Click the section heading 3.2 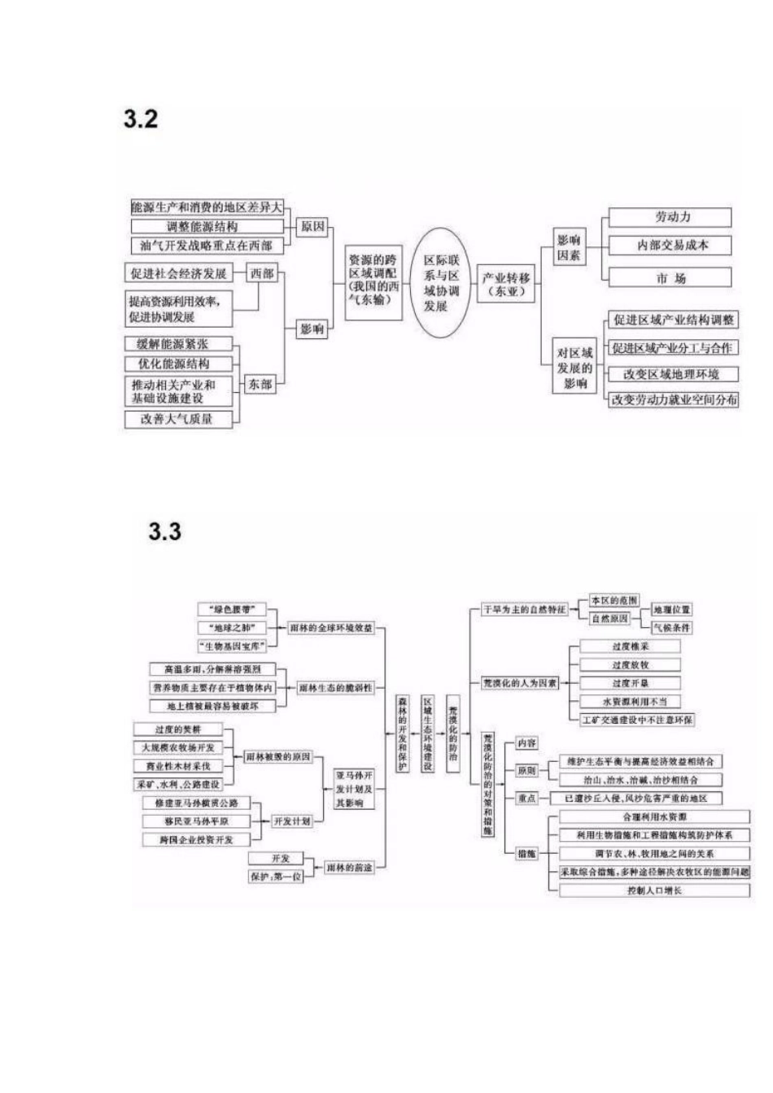[141, 119]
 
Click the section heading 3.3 [164, 532]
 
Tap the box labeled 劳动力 [670, 217]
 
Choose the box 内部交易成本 [670, 245]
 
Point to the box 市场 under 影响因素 [670, 278]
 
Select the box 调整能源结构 [207, 227]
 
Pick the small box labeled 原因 [312, 226]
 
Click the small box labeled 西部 [262, 273]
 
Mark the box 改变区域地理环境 [671, 374]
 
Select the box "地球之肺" [231, 627]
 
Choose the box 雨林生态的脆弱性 [335, 688]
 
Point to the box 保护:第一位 [275, 877]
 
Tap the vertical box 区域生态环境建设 [427, 733]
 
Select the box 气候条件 [672, 627]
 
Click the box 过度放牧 [631, 664]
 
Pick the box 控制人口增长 [654, 891]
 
